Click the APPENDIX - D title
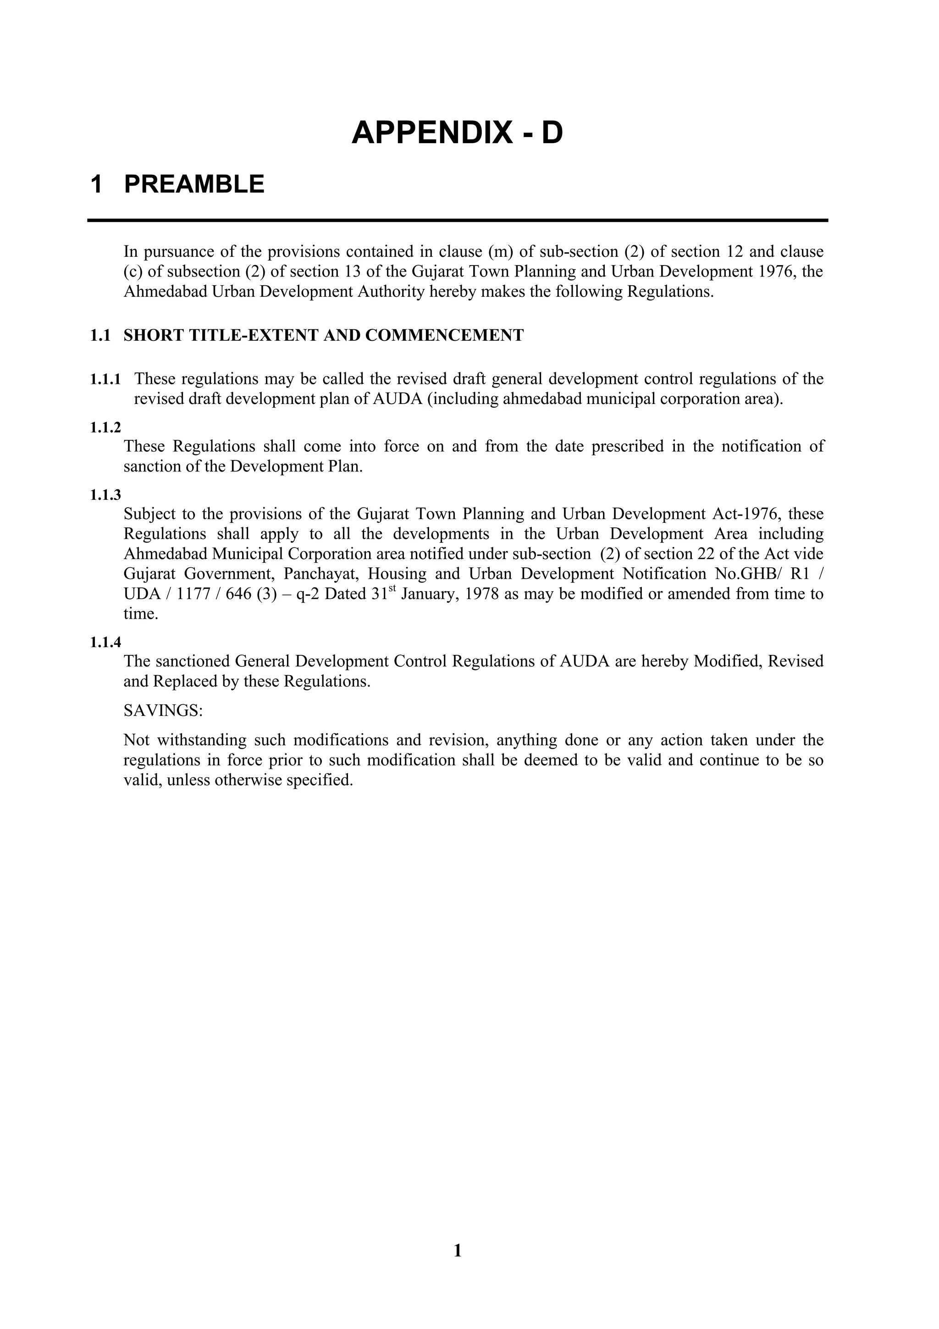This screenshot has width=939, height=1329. (457, 133)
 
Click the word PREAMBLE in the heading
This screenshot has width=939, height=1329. (194, 185)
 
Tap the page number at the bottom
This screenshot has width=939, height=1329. (458, 1267)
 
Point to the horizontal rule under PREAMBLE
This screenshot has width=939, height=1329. (457, 220)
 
